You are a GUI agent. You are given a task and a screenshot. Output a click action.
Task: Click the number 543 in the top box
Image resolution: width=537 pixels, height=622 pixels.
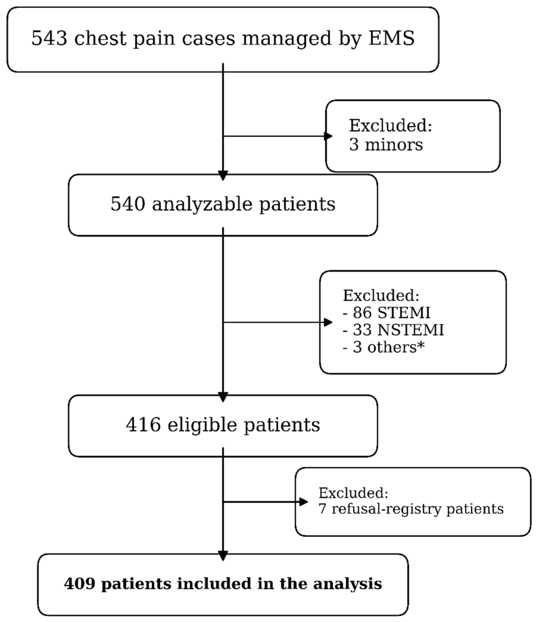(49, 38)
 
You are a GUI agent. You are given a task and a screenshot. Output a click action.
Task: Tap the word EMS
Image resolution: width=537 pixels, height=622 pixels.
(392, 38)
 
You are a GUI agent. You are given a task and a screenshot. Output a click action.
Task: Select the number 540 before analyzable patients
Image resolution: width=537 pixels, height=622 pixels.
(128, 204)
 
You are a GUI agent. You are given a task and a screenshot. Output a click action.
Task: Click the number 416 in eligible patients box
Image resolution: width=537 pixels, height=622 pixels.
(143, 425)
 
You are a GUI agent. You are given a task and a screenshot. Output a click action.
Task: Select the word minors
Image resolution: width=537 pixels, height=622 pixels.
(394, 145)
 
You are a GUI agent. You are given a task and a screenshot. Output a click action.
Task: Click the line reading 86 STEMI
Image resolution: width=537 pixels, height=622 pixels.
(386, 313)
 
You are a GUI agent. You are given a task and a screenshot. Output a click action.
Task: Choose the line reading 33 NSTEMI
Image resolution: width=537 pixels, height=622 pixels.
(393, 330)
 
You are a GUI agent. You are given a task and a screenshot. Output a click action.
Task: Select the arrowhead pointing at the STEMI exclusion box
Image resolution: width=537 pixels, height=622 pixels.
(328, 322)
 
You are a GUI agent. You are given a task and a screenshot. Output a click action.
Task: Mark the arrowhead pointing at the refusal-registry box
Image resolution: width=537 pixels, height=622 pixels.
(304, 502)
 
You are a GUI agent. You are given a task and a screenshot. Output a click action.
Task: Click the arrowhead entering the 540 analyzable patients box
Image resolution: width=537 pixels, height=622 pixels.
(223, 176)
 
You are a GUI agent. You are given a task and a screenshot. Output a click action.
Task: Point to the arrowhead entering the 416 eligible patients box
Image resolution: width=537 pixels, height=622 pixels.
(223, 397)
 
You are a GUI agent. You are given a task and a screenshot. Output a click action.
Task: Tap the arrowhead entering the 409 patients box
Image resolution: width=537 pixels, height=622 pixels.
(223, 556)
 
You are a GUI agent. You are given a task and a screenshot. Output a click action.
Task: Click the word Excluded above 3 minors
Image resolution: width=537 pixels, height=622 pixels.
(390, 125)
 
